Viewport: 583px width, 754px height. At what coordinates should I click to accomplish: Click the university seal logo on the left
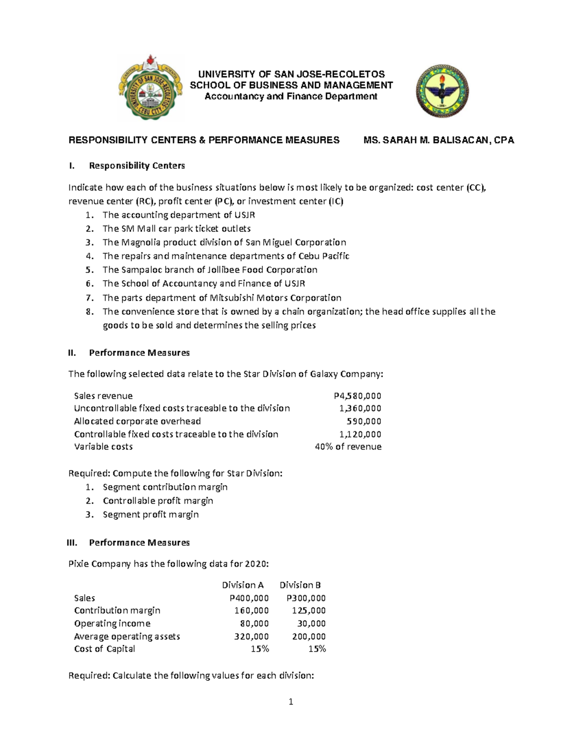(x=150, y=88)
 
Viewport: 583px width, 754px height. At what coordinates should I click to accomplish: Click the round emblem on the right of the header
(x=442, y=91)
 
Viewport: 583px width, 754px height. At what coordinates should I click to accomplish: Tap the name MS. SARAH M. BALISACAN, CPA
(x=438, y=140)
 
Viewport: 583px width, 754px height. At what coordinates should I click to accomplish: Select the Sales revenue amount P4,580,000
(x=354, y=396)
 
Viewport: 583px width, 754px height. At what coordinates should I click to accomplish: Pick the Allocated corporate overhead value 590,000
(x=363, y=421)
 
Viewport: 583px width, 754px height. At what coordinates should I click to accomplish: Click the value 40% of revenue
(x=348, y=447)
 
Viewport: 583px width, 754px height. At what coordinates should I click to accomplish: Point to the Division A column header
(x=242, y=585)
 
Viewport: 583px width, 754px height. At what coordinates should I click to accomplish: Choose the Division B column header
(x=300, y=585)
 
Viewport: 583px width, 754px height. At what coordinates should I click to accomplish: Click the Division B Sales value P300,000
(x=306, y=598)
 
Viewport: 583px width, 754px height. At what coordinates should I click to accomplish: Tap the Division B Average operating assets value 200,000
(x=309, y=637)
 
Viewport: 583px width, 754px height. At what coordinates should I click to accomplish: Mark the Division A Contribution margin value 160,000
(x=251, y=611)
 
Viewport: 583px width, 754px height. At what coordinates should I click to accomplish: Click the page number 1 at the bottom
(x=291, y=702)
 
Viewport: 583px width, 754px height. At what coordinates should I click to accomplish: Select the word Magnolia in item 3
(x=141, y=242)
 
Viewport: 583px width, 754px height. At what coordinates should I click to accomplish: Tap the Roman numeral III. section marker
(x=72, y=543)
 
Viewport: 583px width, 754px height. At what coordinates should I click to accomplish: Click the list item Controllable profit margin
(x=158, y=501)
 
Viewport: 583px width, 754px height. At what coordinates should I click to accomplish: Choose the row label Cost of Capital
(x=104, y=649)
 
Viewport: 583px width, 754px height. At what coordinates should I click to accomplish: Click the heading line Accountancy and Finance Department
(x=291, y=96)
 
